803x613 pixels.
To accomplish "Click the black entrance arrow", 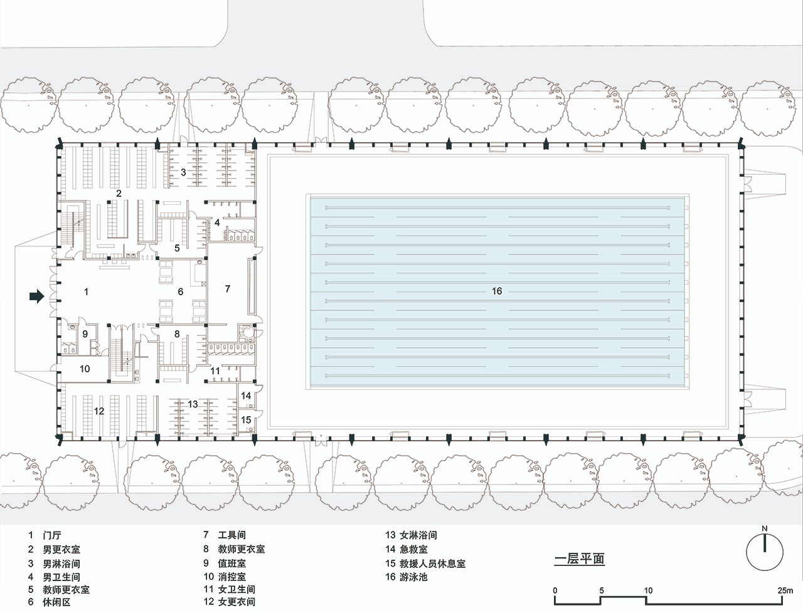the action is tap(36, 296).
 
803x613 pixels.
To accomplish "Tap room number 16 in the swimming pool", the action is tap(496, 291).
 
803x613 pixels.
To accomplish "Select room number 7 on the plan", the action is tap(228, 289).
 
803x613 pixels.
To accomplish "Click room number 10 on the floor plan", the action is tap(85, 369).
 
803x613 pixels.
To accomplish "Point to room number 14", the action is tap(246, 396).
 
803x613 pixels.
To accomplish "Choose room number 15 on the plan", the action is tap(246, 419).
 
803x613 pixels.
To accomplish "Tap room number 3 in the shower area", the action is tap(183, 172).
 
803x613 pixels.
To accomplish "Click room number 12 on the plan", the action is tap(99, 411).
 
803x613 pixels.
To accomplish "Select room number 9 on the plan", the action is tap(85, 333).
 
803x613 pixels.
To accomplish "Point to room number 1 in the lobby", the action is tap(86, 291).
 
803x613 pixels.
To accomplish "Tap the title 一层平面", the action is tap(580, 559).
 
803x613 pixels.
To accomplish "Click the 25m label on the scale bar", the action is tap(785, 590).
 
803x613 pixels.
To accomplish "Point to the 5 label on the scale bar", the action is tap(602, 590).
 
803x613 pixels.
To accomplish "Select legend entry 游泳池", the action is tap(413, 577).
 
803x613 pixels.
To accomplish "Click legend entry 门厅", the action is tap(52, 535).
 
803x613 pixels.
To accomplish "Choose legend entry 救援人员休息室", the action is tap(432, 563).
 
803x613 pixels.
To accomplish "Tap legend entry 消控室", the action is tap(232, 577).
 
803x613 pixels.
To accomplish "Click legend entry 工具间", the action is tap(232, 535).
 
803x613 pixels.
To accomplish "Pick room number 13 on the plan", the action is tap(193, 404).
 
